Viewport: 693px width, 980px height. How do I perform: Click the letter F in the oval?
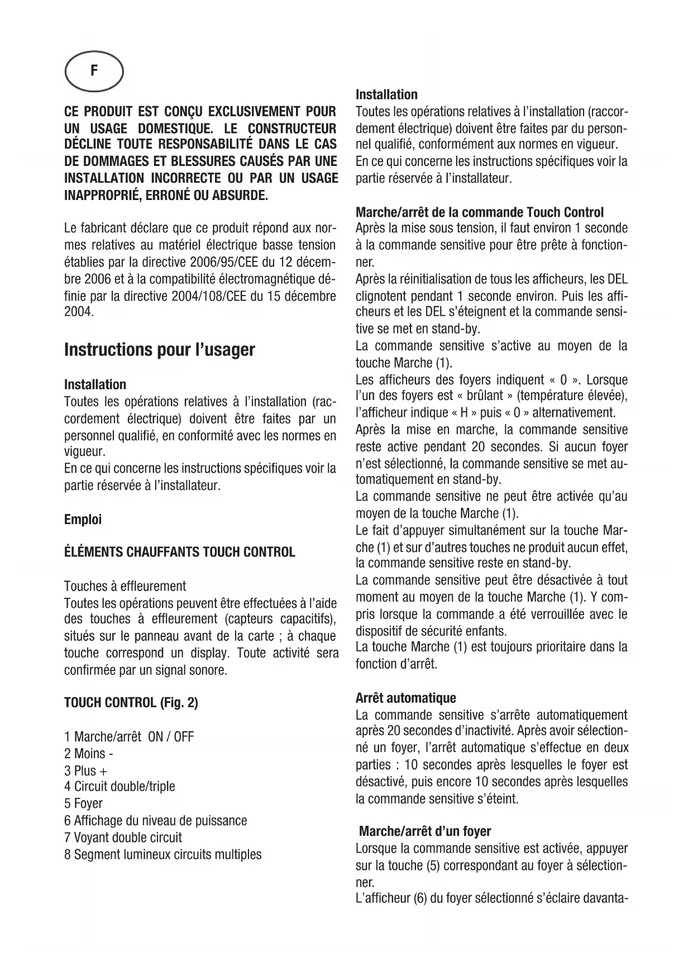(94, 70)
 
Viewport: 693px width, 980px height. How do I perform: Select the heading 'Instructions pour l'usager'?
(160, 350)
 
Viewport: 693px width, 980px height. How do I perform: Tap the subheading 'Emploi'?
(83, 519)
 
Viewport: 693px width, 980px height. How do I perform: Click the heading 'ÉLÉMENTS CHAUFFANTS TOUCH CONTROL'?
(179, 553)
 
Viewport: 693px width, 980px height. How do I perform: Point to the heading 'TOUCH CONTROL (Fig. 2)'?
(131, 702)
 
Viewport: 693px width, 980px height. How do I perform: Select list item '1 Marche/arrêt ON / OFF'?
(129, 736)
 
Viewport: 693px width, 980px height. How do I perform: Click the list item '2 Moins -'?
(89, 753)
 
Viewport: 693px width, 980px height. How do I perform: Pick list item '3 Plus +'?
(86, 770)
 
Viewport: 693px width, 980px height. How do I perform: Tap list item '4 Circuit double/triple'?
(120, 787)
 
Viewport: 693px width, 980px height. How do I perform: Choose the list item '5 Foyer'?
(84, 803)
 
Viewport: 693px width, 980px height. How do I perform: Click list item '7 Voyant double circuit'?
(123, 838)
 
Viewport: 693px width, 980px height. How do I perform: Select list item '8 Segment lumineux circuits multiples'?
(163, 854)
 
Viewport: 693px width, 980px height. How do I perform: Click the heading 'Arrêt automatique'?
(406, 698)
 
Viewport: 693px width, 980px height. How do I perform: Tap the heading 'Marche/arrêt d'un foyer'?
(425, 831)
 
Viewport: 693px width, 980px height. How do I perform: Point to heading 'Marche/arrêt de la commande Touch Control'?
(480, 212)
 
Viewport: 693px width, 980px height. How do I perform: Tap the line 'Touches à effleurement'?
(125, 586)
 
